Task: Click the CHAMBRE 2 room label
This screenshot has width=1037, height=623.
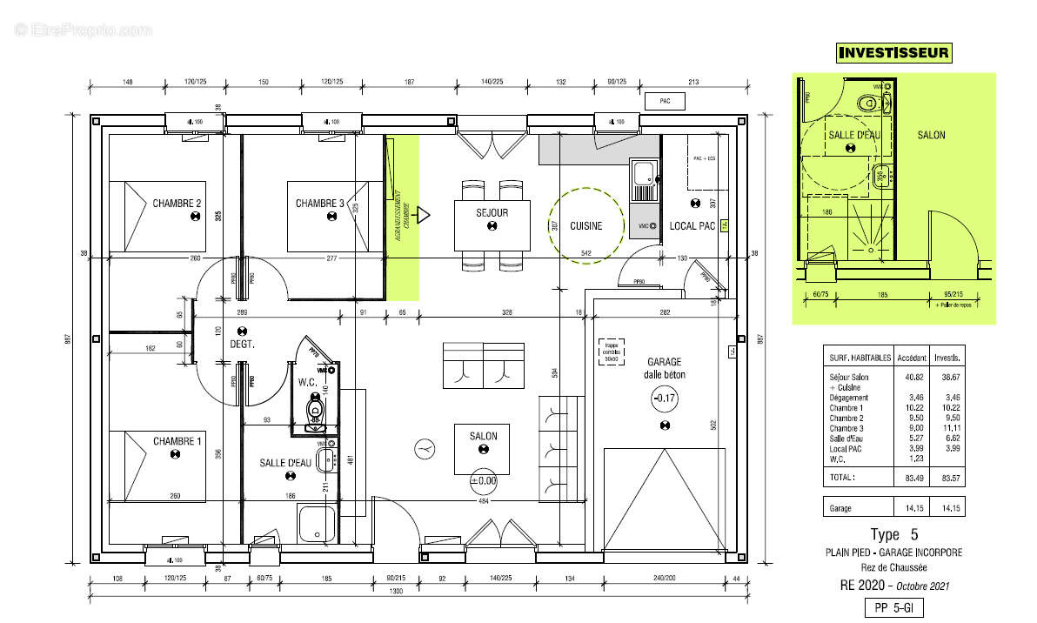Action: point(177,204)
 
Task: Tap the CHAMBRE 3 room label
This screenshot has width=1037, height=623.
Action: point(319,204)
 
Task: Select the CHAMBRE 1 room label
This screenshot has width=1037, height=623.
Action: point(177,441)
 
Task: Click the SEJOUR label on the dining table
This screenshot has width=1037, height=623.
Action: point(492,212)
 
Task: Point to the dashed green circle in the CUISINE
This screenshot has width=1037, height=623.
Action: point(586,224)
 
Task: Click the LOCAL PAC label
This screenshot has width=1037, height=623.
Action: point(692,226)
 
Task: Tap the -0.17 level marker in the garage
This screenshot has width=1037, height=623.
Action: point(665,399)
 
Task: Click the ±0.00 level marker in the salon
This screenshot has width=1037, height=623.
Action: point(483,479)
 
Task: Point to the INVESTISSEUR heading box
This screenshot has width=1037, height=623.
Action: point(893,53)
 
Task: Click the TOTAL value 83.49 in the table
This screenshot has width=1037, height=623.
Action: point(908,478)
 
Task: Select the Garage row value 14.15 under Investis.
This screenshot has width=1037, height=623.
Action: point(947,507)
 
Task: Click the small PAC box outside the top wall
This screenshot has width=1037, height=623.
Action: point(665,102)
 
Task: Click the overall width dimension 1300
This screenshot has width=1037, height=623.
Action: point(420,593)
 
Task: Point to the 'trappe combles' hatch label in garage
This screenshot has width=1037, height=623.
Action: point(612,352)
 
